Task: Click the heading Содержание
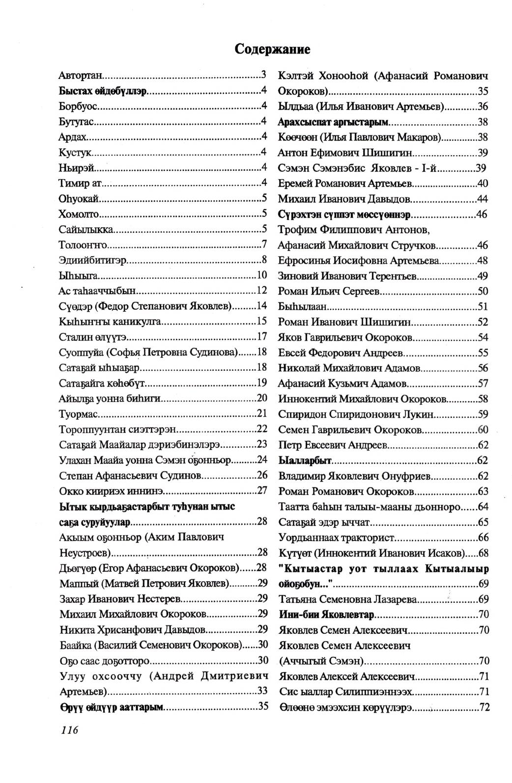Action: click(x=272, y=49)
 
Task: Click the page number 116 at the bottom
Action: click(x=69, y=729)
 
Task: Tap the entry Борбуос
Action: click(x=79, y=106)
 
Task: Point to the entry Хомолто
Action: click(x=79, y=214)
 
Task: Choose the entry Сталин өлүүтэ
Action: click(x=94, y=337)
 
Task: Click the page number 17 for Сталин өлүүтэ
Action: click(x=262, y=337)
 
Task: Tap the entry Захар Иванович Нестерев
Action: click(x=120, y=598)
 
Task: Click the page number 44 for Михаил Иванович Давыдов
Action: click(x=483, y=199)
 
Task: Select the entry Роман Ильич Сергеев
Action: click(x=328, y=291)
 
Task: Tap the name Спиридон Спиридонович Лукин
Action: click(x=356, y=414)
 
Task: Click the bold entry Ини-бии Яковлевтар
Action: click(x=327, y=614)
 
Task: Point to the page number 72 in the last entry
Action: click(x=484, y=707)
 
